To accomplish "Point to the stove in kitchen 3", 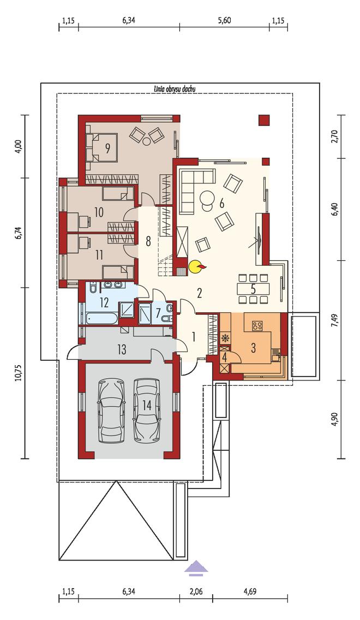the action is (257, 326).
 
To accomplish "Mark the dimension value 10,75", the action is (18, 373).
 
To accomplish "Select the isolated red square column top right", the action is (263, 120).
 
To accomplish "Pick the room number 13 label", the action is (122, 349).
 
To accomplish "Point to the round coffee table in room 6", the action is (206, 198).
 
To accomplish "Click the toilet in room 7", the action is (169, 312).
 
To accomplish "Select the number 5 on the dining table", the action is (253, 288).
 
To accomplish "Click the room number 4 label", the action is (225, 358).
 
